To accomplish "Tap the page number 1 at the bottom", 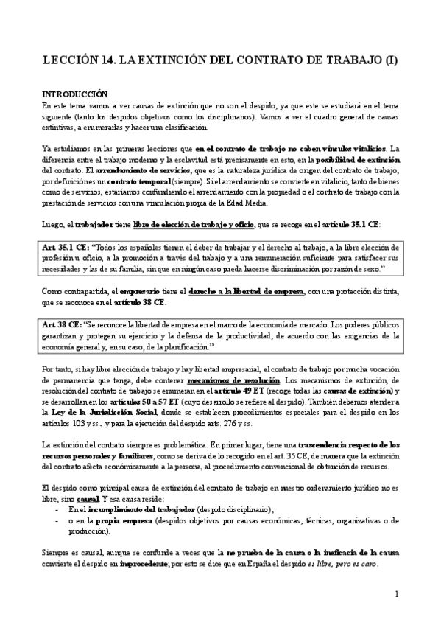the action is tap(396, 593).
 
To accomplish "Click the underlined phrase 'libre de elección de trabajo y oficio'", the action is tap(188, 224).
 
